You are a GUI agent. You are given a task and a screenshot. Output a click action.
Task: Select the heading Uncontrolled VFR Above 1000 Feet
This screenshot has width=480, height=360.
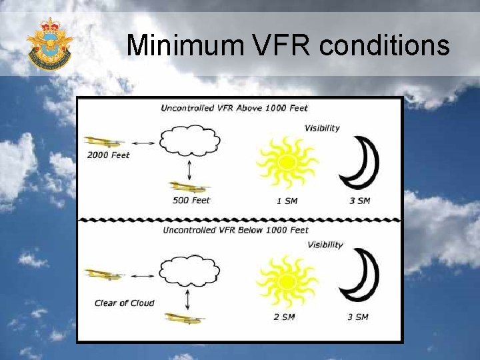point(234,108)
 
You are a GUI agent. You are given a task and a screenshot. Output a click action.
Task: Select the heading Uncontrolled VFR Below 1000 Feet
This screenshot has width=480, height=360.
point(235,230)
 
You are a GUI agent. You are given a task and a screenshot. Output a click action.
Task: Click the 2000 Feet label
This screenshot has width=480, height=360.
point(108,155)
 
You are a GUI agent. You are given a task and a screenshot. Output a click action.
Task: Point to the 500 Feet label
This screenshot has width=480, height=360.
point(191,201)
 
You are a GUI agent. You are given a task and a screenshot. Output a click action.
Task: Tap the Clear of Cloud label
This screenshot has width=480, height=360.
point(124,303)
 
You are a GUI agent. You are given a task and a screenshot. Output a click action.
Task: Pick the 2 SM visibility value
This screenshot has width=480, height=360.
point(284,317)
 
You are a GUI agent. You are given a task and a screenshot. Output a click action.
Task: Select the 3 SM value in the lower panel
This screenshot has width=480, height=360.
point(357,317)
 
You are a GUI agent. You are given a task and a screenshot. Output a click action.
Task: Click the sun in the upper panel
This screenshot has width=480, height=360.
point(287,162)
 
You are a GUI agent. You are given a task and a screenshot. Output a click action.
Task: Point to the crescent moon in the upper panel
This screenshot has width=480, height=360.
point(360,163)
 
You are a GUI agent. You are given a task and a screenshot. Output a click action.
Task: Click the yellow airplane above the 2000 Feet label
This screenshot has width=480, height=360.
point(104,142)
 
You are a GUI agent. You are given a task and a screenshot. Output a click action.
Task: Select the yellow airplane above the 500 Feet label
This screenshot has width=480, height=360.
point(189,187)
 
